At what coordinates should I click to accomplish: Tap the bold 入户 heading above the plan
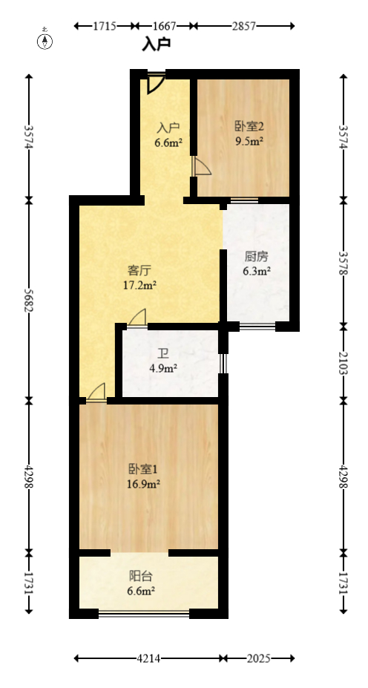pos(157,45)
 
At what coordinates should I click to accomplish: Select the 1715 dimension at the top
pos(105,26)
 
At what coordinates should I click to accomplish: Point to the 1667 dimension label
pos(164,26)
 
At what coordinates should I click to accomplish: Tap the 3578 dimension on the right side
pos(343,263)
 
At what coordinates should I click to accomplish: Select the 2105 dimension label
pos(343,363)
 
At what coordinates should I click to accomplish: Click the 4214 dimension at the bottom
pos(149,658)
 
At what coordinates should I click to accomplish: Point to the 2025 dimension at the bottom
pos(259,658)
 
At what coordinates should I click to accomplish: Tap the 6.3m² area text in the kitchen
pos(257,271)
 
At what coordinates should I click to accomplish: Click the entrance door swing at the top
pos(156,82)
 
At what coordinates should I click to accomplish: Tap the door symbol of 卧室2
pos(201,167)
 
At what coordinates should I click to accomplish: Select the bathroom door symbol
pos(137,318)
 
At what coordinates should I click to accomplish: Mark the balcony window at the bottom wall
pos(144,613)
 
